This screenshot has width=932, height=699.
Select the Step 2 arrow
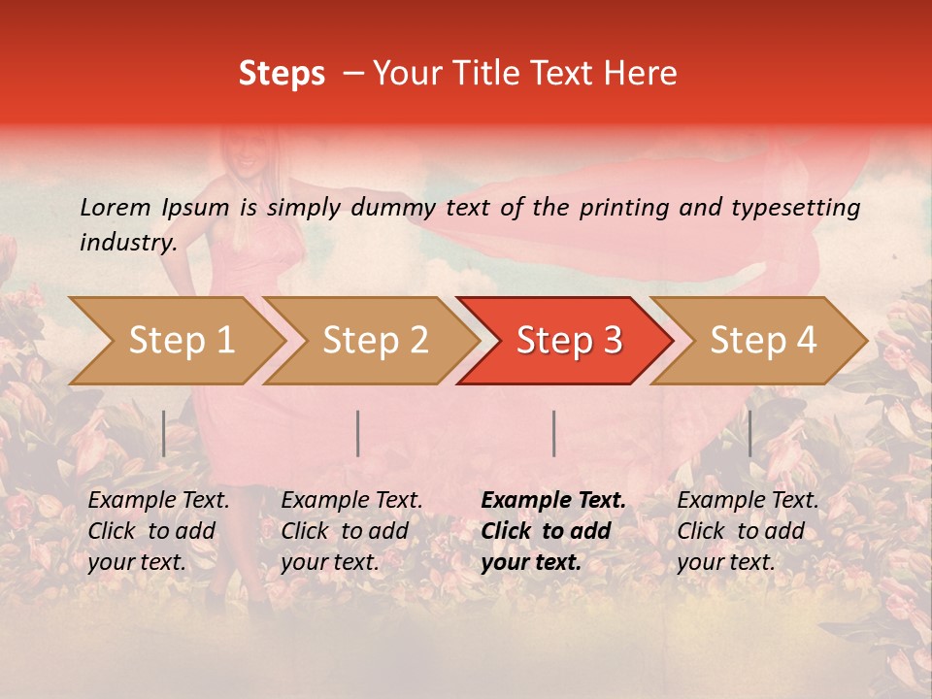coord(375,341)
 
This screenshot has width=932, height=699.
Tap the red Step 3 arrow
coord(569,341)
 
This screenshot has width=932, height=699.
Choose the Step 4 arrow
coord(763,341)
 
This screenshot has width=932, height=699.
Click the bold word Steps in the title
coord(282,74)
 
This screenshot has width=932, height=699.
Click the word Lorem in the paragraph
coord(116,208)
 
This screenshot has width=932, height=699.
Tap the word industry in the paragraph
coord(127,243)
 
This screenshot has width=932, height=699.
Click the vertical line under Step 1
coord(164,433)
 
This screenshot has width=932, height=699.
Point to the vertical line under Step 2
coord(358,433)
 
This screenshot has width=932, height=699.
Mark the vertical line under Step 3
coord(553,433)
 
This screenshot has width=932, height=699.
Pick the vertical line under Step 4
coord(749,433)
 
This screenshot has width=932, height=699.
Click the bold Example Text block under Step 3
coord(552,531)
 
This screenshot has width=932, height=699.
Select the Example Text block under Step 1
coord(158,531)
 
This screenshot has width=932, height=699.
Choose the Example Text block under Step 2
coord(351,531)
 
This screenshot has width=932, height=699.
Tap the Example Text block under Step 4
coord(748,531)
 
